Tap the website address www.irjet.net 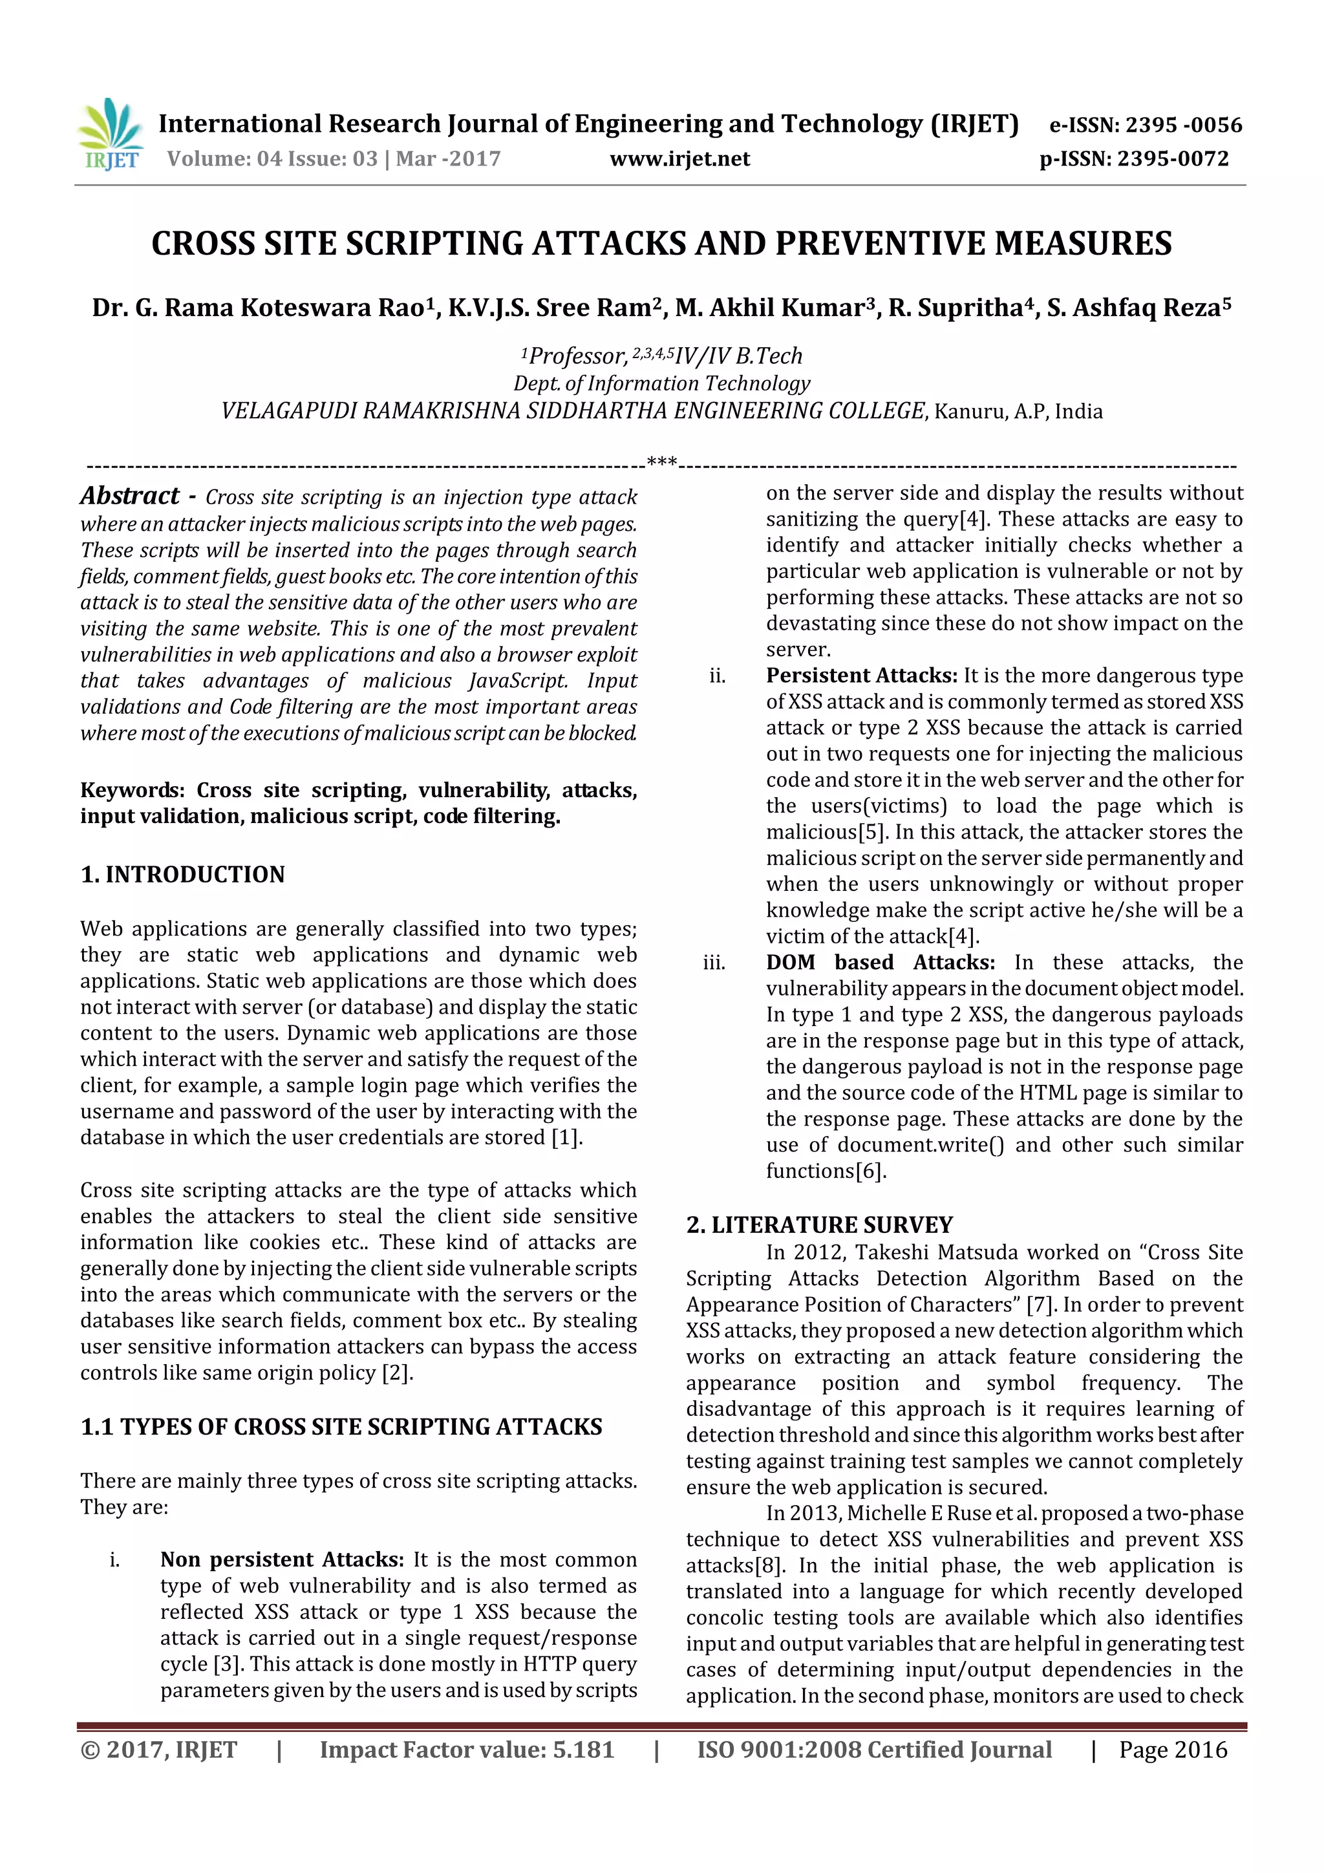click(679, 159)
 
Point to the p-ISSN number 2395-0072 click(1172, 159)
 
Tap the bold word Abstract click(130, 495)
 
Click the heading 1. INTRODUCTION click(183, 875)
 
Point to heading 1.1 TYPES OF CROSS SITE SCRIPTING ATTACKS click(341, 1427)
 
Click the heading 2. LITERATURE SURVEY click(819, 1225)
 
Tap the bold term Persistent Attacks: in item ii click(860, 676)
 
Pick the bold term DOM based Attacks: click(879, 963)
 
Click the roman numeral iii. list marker click(714, 963)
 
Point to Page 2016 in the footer click(1172, 1750)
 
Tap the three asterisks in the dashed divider click(661, 462)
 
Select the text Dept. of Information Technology click(661, 383)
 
